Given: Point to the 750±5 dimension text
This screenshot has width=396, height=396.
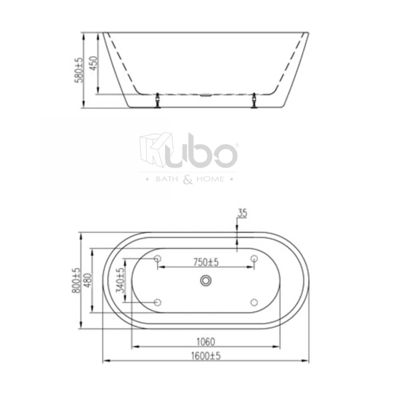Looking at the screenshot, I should (x=206, y=262).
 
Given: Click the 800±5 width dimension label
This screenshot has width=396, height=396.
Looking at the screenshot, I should (x=77, y=280).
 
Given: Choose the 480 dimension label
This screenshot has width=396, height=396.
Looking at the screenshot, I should (x=88, y=280).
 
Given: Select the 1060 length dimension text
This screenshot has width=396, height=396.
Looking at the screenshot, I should (x=205, y=342).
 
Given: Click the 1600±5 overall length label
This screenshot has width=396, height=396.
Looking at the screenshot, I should (x=205, y=356).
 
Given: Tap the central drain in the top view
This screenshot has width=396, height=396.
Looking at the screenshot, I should (x=206, y=280).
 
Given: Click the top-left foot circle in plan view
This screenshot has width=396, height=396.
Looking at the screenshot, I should (x=157, y=259).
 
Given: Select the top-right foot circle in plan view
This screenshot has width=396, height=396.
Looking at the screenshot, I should (x=254, y=259).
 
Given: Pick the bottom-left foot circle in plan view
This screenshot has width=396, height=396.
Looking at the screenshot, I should (x=157, y=302).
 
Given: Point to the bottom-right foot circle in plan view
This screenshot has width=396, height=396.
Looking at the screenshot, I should (x=254, y=302).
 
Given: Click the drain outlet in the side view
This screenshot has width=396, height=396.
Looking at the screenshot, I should (x=206, y=95).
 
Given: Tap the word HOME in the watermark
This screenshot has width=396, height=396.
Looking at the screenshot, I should (x=210, y=179).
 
